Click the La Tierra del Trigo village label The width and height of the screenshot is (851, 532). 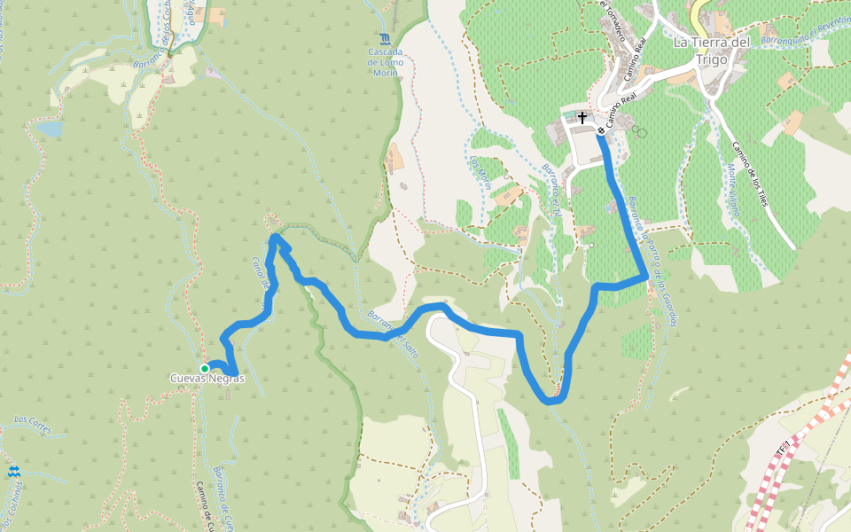(712, 51)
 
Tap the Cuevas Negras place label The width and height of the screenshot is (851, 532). (207, 379)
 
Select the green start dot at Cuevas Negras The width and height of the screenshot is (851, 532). (204, 368)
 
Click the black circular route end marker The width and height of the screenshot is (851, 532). (601, 131)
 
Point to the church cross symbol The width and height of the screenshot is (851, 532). (582, 117)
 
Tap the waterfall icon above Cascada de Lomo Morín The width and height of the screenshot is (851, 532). (385, 39)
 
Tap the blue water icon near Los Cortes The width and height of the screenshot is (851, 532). (13, 473)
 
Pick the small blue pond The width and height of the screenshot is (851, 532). (50, 129)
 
